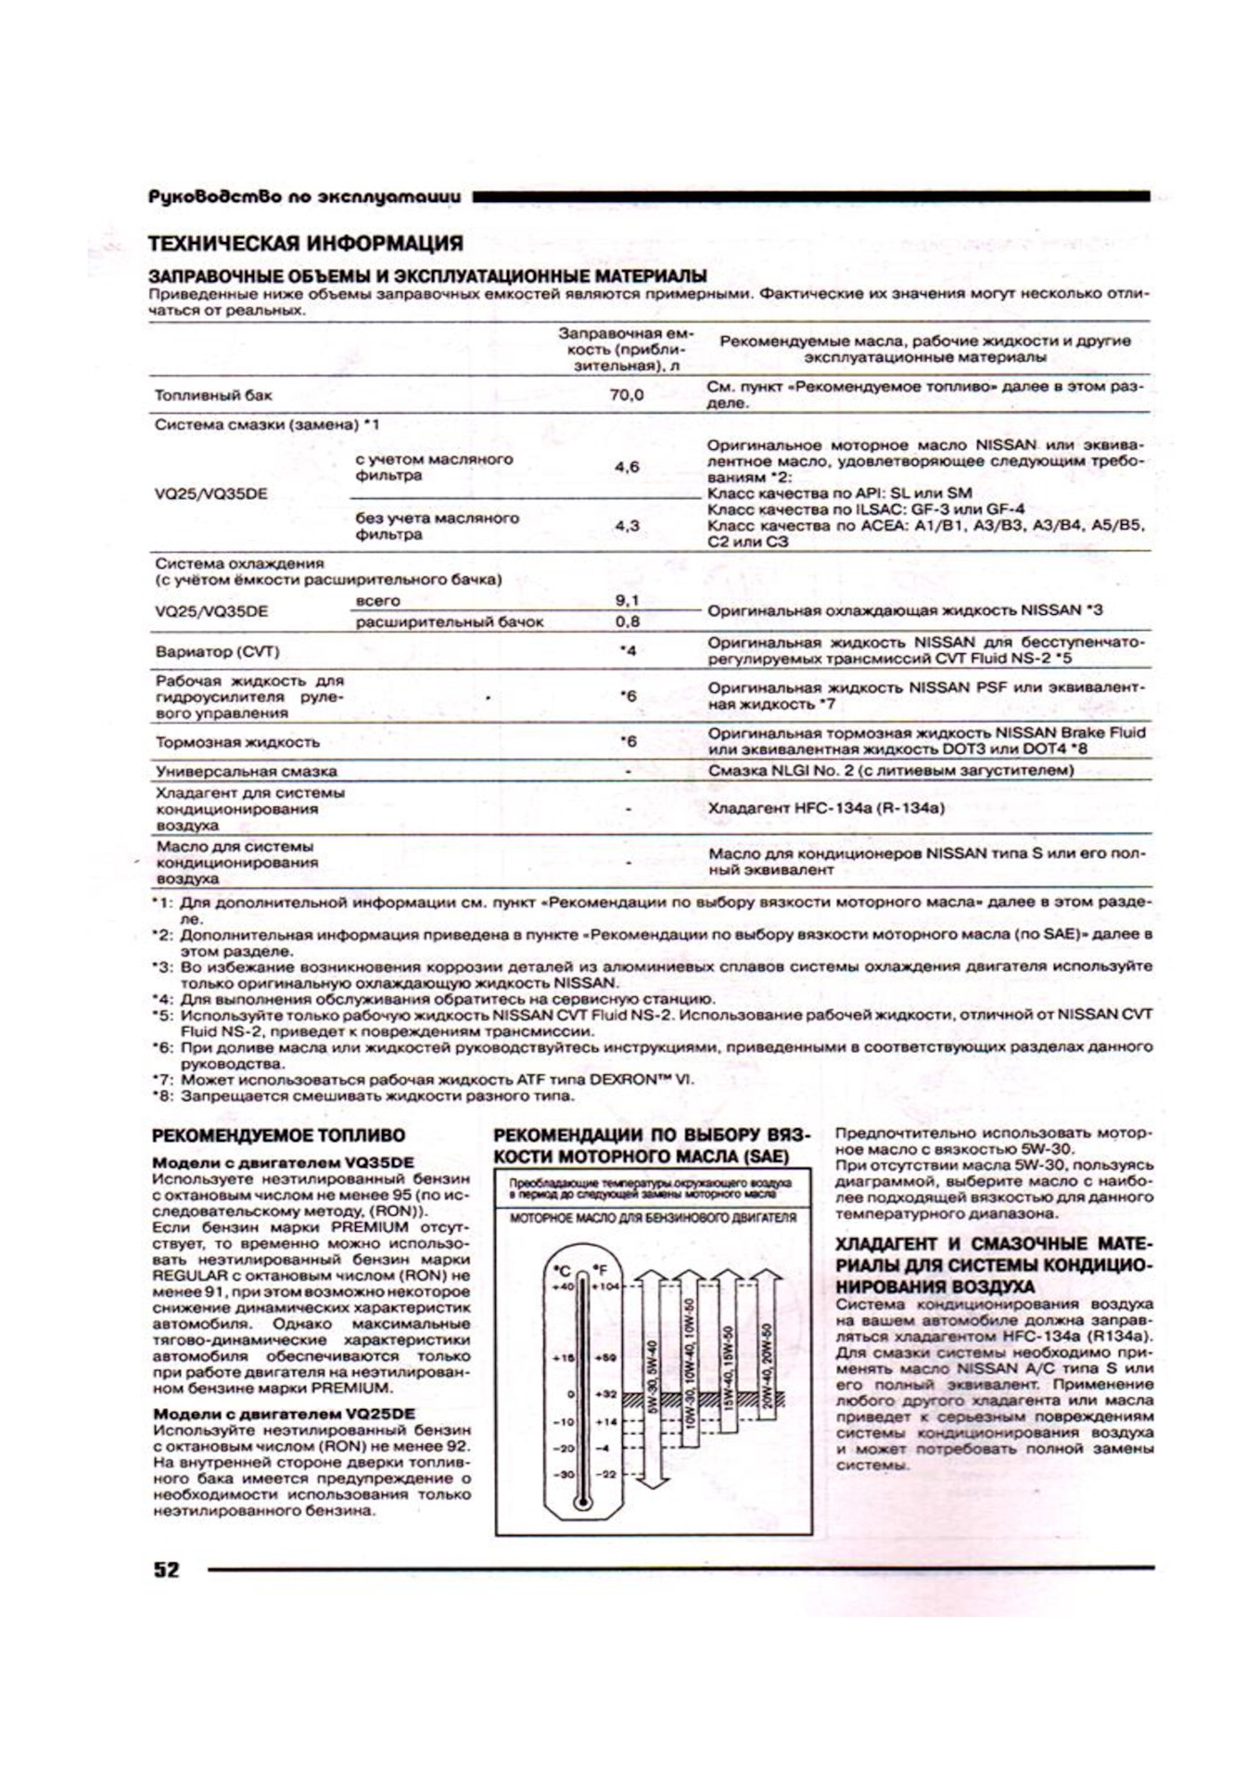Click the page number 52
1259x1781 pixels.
[x=167, y=1570]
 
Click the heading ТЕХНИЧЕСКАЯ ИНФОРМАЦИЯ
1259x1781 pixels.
[x=306, y=244]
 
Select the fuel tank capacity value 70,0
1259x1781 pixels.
[x=627, y=395]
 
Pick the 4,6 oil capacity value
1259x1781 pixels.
[x=627, y=468]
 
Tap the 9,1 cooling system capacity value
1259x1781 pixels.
[x=627, y=601]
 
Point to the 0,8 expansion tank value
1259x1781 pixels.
[x=627, y=621]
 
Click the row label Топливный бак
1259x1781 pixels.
[x=213, y=395]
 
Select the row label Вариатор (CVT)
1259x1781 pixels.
[x=217, y=651]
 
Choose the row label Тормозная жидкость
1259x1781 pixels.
[x=237, y=742]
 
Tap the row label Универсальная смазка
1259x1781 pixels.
[x=246, y=771]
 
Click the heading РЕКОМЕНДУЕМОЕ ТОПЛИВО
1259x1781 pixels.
[x=278, y=1135]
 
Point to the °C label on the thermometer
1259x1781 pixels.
[x=562, y=1270]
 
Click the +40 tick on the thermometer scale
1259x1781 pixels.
[x=562, y=1287]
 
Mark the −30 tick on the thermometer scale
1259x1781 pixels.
[x=562, y=1474]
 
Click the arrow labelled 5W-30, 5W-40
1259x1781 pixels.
[x=653, y=1382]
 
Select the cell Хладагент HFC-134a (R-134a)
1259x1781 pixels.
[x=826, y=809]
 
